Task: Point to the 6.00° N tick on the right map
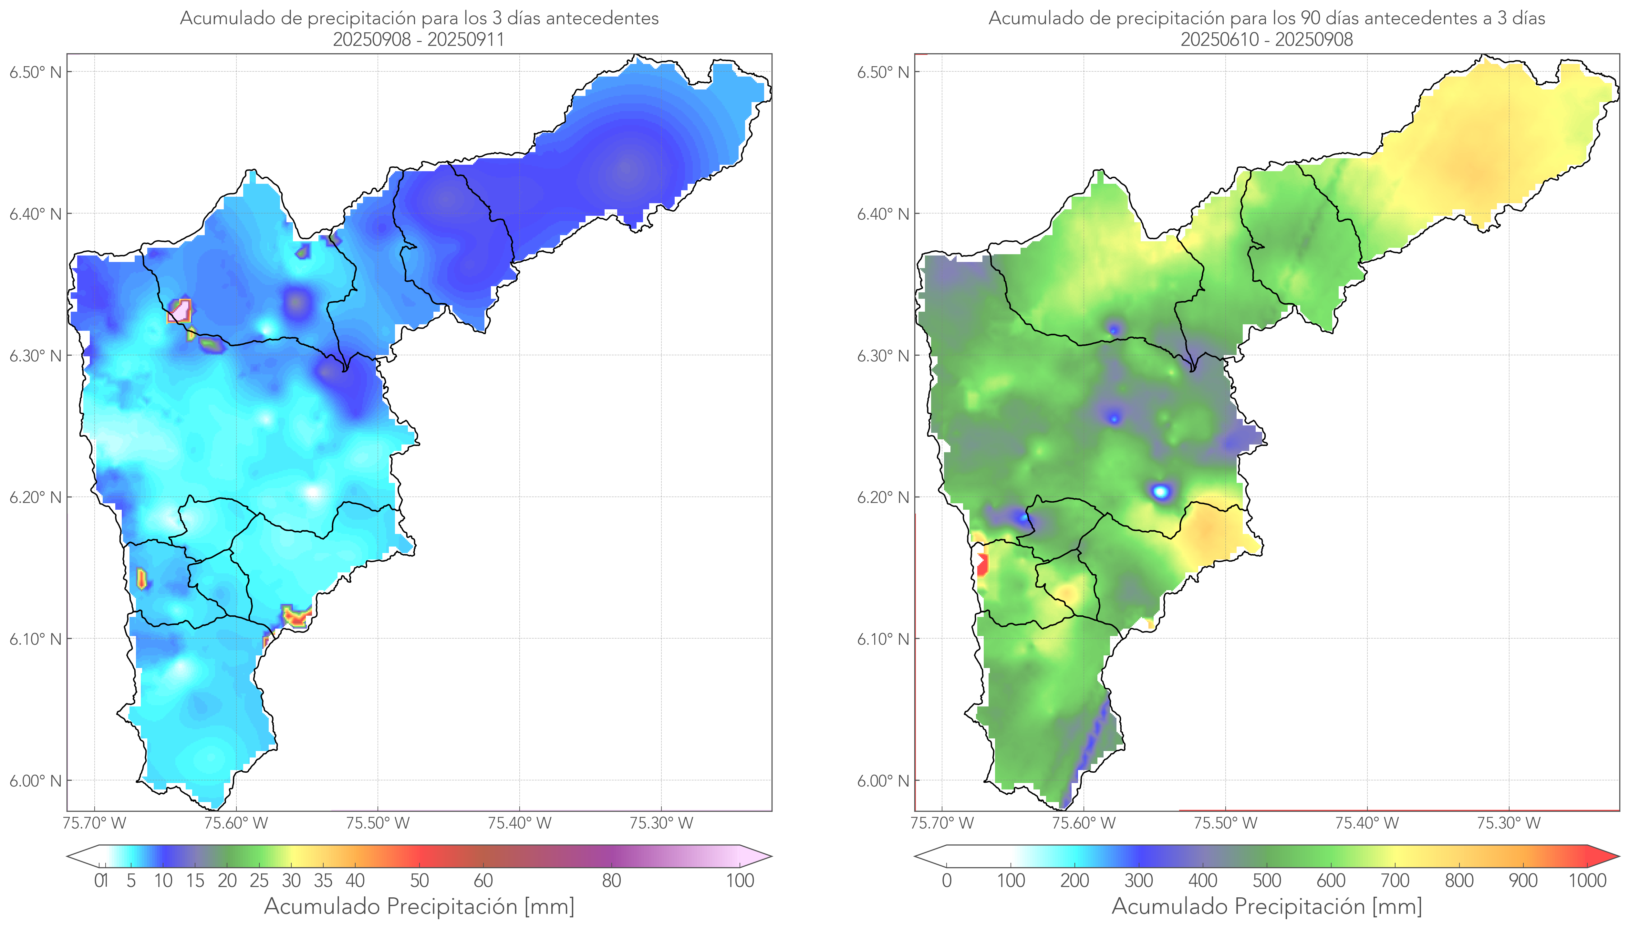coord(883,781)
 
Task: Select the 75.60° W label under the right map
coord(1084,823)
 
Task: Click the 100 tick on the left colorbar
coord(740,881)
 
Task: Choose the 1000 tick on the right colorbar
coord(1587,881)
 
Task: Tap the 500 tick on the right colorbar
coord(1267,881)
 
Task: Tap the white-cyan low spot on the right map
coord(1161,491)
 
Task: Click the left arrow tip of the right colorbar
coord(916,856)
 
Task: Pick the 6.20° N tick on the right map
coord(883,497)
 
